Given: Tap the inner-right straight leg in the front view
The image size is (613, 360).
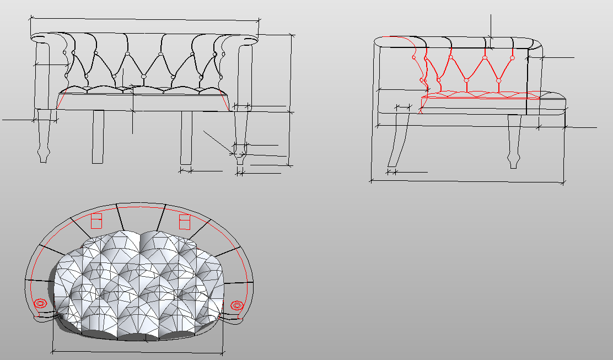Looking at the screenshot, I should (186, 138).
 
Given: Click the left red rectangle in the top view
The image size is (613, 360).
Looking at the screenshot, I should (96, 221).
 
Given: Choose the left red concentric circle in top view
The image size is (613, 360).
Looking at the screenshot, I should (40, 304).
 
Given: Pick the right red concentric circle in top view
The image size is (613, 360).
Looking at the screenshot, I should (237, 304).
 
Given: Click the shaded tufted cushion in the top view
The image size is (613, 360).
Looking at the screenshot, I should (138, 281).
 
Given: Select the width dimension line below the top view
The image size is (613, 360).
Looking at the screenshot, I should (138, 351).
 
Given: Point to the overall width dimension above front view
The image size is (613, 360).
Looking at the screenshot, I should (143, 20).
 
